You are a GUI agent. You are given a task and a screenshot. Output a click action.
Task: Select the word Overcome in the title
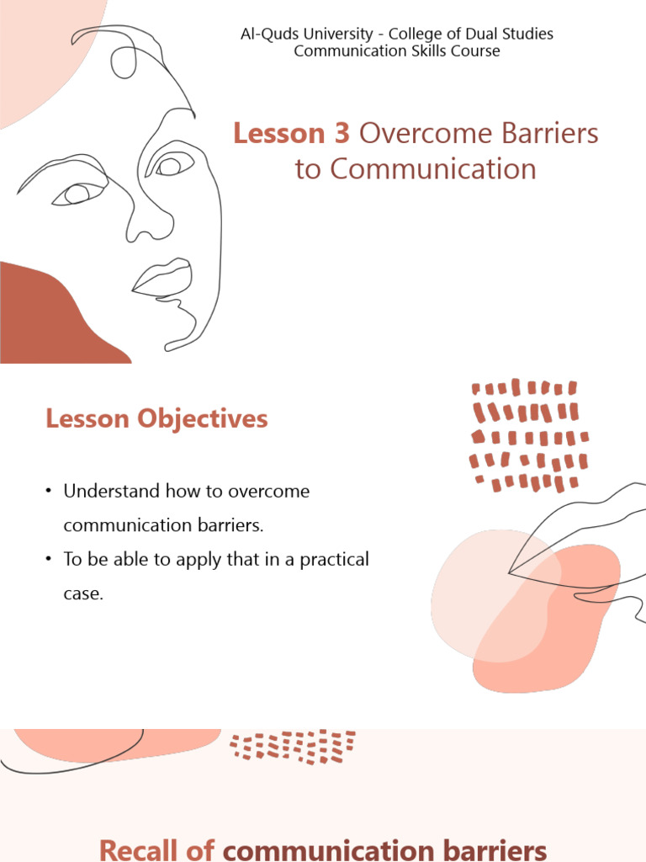414,134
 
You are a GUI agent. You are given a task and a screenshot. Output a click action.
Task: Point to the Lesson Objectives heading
156,418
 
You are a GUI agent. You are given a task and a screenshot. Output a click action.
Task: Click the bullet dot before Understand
50,492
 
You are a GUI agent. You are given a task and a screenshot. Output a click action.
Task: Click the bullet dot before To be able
50,560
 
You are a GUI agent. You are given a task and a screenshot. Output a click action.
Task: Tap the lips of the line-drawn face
164,278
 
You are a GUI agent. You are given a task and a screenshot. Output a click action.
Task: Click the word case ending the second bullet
82,593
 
